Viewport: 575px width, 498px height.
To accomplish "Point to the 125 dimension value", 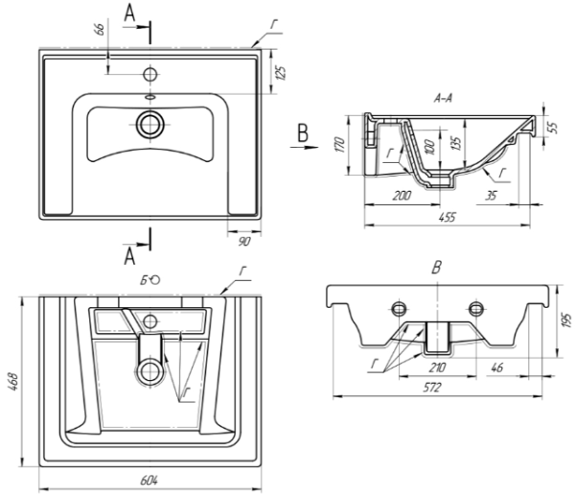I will pos(283,72).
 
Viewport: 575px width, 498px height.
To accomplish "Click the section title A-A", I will pos(444,98).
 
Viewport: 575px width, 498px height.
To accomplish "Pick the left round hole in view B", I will pos(398,308).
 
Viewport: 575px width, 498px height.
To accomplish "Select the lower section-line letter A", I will pos(127,254).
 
